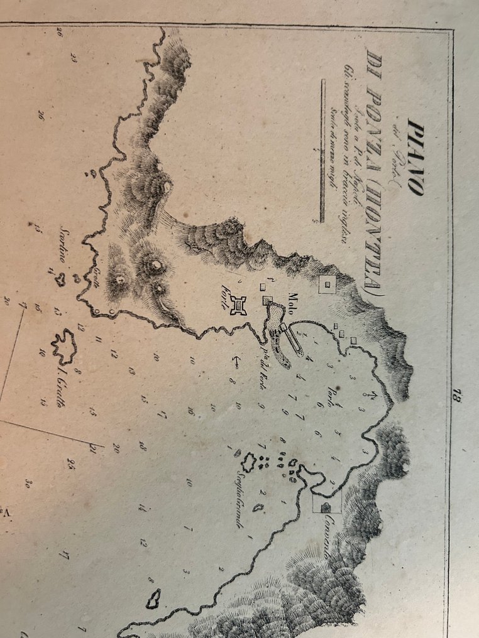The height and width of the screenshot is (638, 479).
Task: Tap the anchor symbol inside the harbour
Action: coord(370,396)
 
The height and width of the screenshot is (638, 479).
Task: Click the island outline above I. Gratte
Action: coord(63,345)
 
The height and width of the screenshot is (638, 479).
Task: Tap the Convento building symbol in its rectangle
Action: coord(326,506)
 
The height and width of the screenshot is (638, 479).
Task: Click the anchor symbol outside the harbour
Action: coord(237,362)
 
